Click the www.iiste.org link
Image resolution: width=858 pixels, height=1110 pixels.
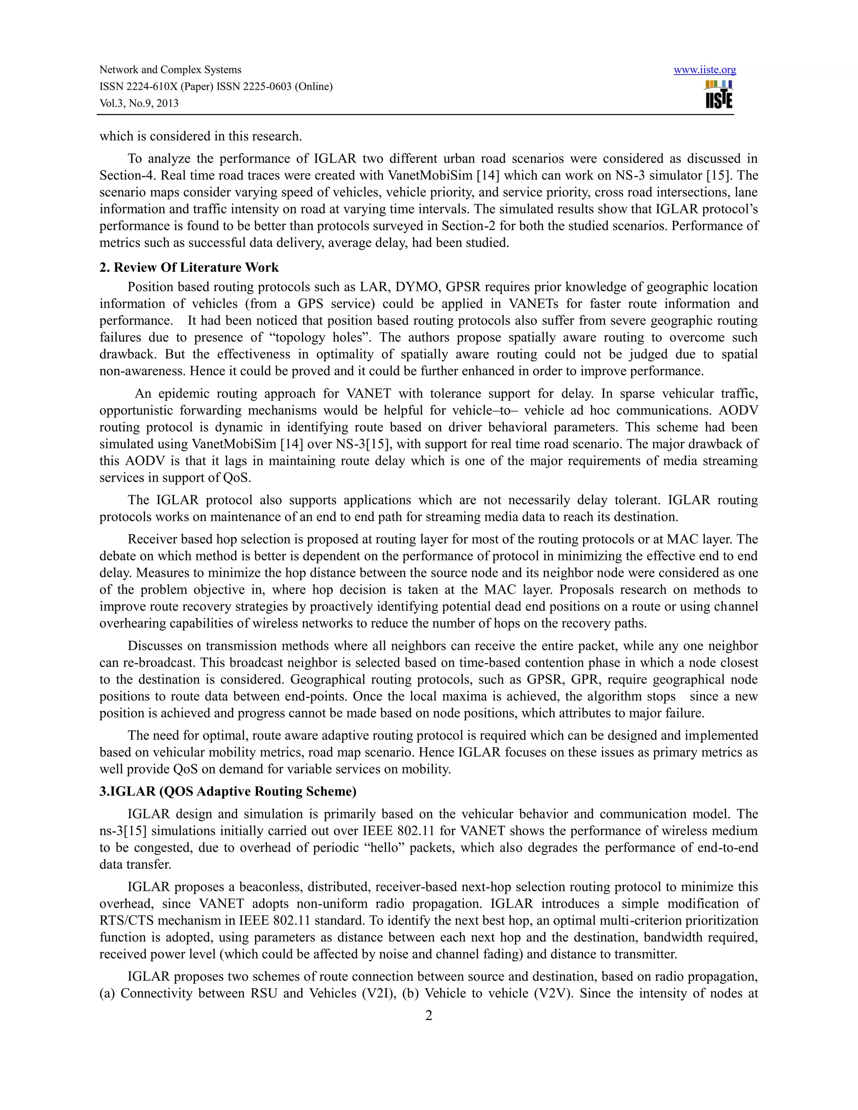(705, 70)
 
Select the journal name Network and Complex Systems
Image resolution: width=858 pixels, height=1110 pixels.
(170, 70)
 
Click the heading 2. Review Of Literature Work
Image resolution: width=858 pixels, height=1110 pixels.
(189, 268)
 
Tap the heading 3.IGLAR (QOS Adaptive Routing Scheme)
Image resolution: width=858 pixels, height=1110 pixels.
(228, 792)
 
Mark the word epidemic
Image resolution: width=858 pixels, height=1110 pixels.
(189, 394)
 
